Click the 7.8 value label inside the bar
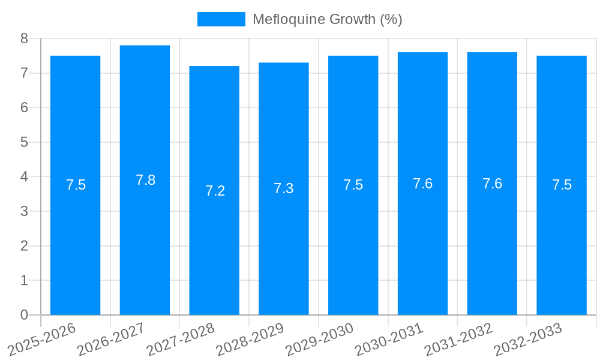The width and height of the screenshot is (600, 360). pos(145,180)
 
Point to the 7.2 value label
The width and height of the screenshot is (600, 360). pos(215,191)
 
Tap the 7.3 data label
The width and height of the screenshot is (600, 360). pos(283,188)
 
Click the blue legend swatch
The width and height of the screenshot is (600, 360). pos(221,19)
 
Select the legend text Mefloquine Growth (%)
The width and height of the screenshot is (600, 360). pos(327,19)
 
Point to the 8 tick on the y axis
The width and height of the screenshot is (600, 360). pos(25,39)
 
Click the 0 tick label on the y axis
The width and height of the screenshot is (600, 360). pos(25,315)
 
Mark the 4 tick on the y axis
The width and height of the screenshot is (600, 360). pos(25,177)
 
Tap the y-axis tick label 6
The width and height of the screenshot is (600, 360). pos(25,108)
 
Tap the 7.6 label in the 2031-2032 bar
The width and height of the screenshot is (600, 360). pos(492,184)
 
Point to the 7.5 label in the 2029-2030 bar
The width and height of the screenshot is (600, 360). pos(353,185)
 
